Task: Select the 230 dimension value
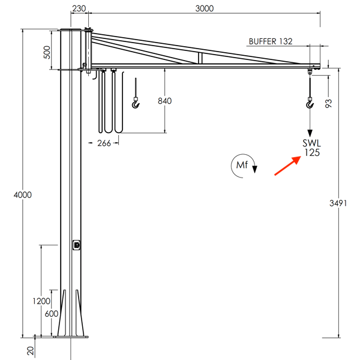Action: [79, 8]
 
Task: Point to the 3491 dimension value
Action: [347, 204]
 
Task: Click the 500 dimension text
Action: [47, 52]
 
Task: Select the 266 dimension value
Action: [104, 143]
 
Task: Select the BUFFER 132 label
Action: [270, 41]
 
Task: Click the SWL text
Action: [311, 143]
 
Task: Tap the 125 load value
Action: [311, 153]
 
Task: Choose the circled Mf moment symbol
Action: [242, 165]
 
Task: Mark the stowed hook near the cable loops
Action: [136, 104]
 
